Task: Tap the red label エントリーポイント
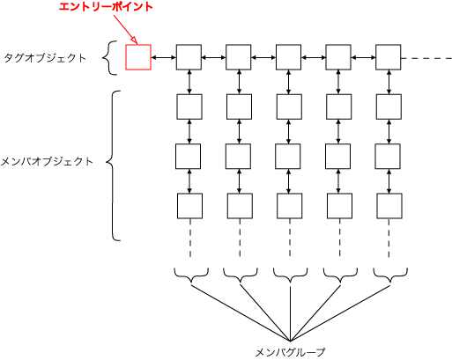[106, 7]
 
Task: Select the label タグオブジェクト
[45, 58]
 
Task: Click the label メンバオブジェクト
[47, 161]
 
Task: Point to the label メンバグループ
[290, 352]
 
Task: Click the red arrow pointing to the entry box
[125, 29]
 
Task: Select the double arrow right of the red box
[164, 58]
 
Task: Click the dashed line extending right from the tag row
[426, 58]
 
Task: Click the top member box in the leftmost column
[189, 107]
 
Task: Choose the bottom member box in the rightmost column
[389, 206]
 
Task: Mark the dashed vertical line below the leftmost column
[190, 238]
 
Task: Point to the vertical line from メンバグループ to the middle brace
[290, 313]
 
